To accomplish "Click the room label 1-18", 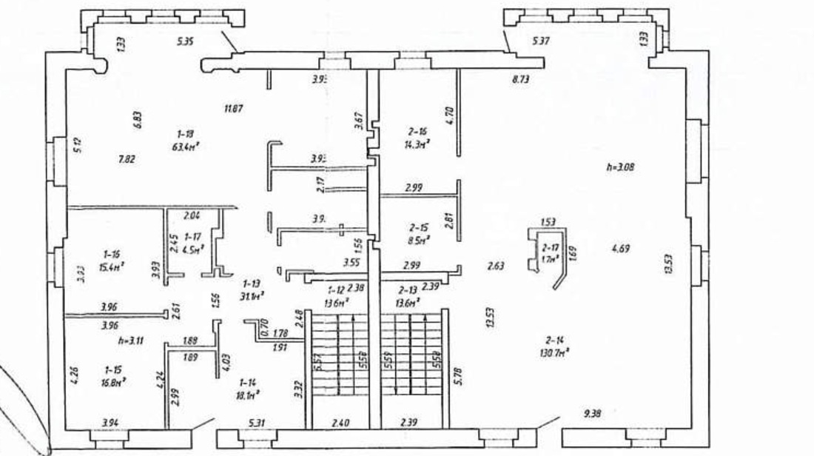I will point(186,133).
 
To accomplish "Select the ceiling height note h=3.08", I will point(620,167).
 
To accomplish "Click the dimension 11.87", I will point(234,108).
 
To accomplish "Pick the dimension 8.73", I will point(522,78).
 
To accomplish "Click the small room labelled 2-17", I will point(549,248).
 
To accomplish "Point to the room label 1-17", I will point(192,236).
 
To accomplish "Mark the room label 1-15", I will point(112,368).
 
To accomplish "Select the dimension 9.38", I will point(592,413).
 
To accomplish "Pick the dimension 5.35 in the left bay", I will point(184,42).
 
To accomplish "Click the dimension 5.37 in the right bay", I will point(542,42).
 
